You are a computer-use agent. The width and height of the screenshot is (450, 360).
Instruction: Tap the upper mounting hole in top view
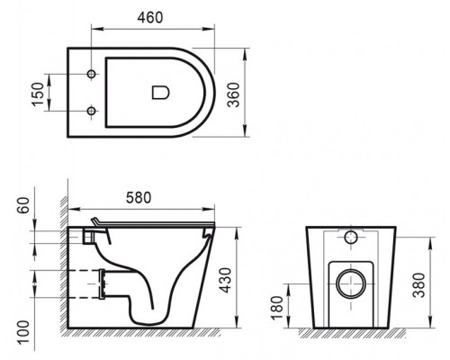click(x=93, y=70)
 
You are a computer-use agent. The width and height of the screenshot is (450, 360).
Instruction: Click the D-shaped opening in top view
click(x=160, y=91)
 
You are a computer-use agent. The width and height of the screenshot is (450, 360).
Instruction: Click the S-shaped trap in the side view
click(x=144, y=301)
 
